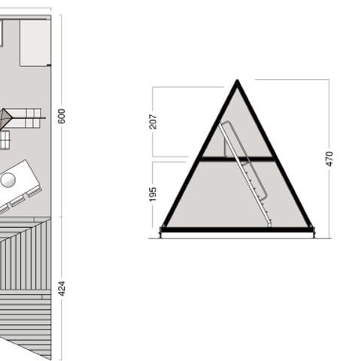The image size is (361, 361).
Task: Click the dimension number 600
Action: (x=62, y=116)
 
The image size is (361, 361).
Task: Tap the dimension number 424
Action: (x=62, y=288)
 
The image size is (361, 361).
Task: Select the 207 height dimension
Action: (x=153, y=120)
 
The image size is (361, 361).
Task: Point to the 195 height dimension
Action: (x=153, y=193)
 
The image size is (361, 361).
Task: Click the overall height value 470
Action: (x=329, y=159)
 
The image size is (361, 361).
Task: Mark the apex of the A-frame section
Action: (x=237, y=82)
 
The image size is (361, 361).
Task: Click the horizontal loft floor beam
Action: (x=236, y=158)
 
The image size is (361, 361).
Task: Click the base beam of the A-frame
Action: (x=237, y=229)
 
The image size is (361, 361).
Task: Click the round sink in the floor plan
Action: (x=9, y=180)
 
